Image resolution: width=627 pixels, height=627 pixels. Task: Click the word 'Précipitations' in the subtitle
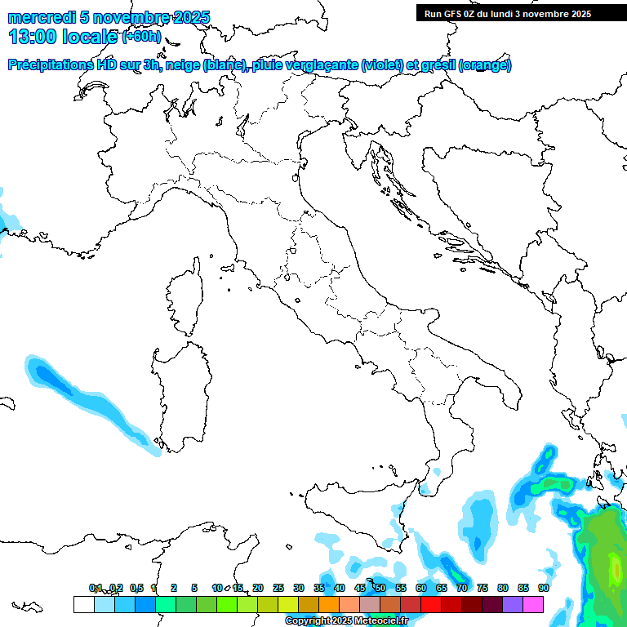pos(50,65)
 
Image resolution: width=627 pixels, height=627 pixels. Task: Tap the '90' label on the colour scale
pos(544,588)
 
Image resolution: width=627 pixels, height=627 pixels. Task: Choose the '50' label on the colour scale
pos(380,588)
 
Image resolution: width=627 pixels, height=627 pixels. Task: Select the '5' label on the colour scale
pos(194,588)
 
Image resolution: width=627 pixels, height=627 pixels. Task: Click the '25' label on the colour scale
pos(278,588)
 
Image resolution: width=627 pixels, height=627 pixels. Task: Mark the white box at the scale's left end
pos(83,604)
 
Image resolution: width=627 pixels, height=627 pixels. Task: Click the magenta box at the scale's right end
pos(533,604)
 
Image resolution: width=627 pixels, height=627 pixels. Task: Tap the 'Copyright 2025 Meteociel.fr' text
pos(346,621)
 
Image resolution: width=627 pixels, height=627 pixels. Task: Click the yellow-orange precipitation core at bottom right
pos(614,567)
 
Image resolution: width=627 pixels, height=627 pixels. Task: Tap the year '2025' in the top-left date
pos(186,17)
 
